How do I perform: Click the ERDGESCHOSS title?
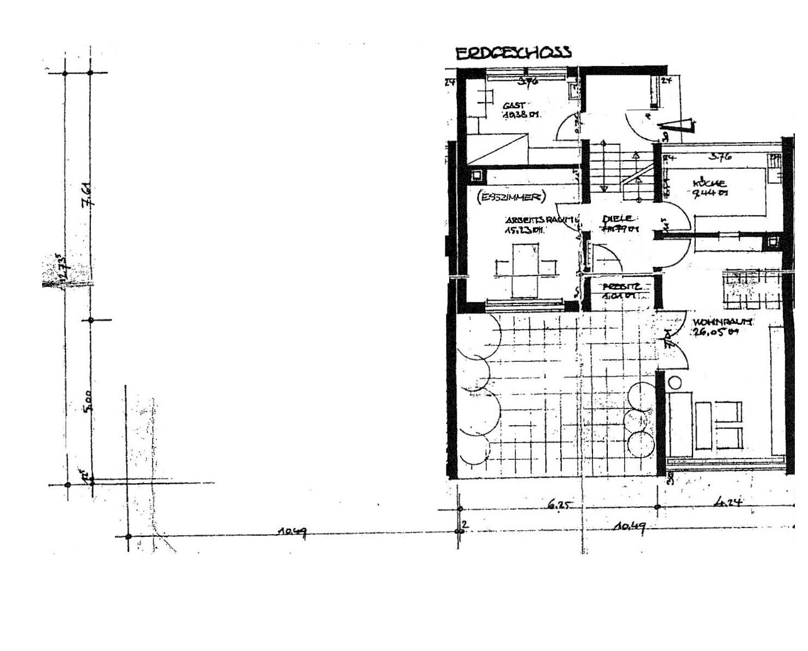click(x=513, y=53)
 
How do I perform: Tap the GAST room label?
click(x=514, y=105)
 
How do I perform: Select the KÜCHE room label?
click(x=710, y=184)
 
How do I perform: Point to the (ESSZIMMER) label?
click(x=512, y=197)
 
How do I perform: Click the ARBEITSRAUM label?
click(x=539, y=220)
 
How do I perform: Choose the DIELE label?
click(x=617, y=219)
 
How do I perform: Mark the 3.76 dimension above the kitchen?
click(x=720, y=157)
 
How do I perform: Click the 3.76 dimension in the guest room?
click(x=528, y=81)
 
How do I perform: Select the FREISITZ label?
click(x=621, y=286)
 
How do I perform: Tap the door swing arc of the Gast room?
click(x=567, y=128)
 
